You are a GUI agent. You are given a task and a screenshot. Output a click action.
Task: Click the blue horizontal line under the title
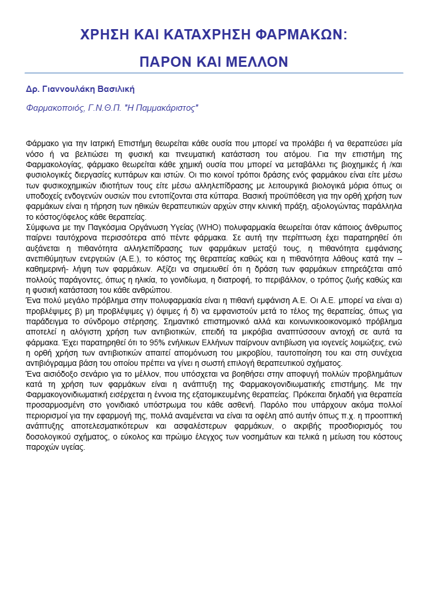click(x=214, y=73)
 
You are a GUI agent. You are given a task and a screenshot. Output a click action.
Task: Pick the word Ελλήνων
click(x=191, y=343)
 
